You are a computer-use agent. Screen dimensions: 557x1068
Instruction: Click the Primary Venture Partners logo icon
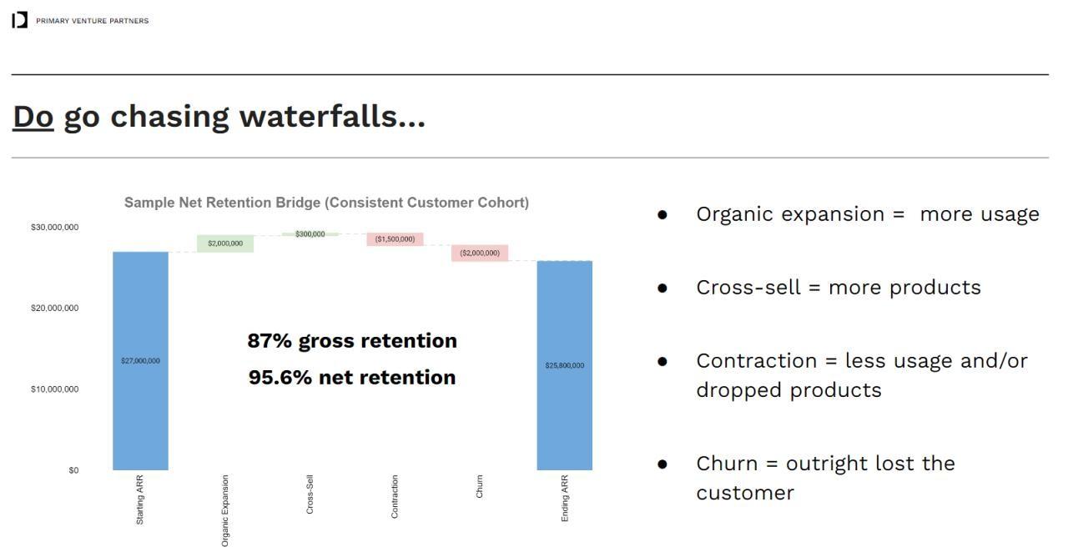click(20, 20)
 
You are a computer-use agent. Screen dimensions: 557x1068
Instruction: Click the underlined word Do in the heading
click(33, 117)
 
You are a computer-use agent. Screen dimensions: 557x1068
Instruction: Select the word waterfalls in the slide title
click(331, 117)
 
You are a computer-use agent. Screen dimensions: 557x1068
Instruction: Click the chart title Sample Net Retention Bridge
click(326, 203)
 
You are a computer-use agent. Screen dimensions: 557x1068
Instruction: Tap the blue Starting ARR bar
click(140, 361)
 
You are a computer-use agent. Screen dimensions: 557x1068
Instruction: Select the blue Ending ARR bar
click(564, 365)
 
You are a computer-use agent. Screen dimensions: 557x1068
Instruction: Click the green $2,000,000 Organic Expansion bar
click(225, 243)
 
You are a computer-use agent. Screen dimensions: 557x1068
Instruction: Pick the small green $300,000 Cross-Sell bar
click(310, 234)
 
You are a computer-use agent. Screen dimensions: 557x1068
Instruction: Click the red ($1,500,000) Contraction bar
click(395, 239)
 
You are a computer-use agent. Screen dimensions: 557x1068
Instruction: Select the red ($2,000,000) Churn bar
click(480, 253)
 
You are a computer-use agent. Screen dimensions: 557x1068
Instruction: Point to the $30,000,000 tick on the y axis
click(55, 228)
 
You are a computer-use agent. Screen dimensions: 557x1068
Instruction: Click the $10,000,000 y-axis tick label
click(55, 389)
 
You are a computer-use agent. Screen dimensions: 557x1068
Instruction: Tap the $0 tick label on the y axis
click(73, 470)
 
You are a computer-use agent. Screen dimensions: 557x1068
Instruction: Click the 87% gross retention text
click(352, 341)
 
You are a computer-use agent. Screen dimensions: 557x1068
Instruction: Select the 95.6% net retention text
click(352, 378)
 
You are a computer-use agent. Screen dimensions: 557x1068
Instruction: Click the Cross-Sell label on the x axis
click(310, 494)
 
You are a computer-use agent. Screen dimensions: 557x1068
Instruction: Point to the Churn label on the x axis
click(480, 487)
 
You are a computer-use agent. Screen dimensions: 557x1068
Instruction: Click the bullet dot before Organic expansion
click(662, 215)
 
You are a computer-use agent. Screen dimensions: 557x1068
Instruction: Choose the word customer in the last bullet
click(745, 493)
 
